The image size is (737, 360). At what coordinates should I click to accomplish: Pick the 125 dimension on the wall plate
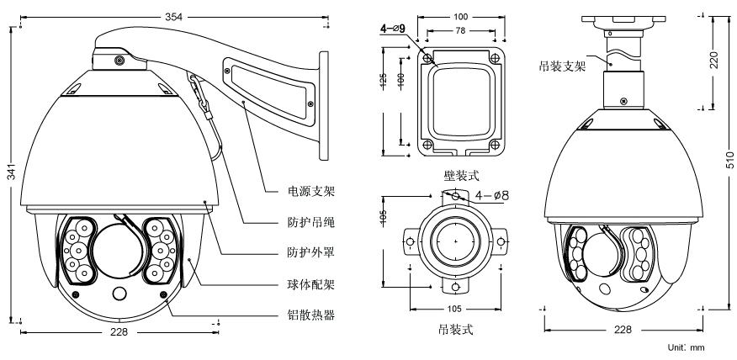pyautogui.click(x=384, y=82)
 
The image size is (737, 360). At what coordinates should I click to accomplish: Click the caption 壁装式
pyautogui.click(x=462, y=176)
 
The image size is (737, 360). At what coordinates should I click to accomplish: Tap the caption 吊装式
pyautogui.click(x=456, y=330)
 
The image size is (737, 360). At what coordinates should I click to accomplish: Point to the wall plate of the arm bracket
pyautogui.click(x=322, y=105)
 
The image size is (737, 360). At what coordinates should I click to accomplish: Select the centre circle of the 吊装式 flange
pyautogui.click(x=455, y=241)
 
